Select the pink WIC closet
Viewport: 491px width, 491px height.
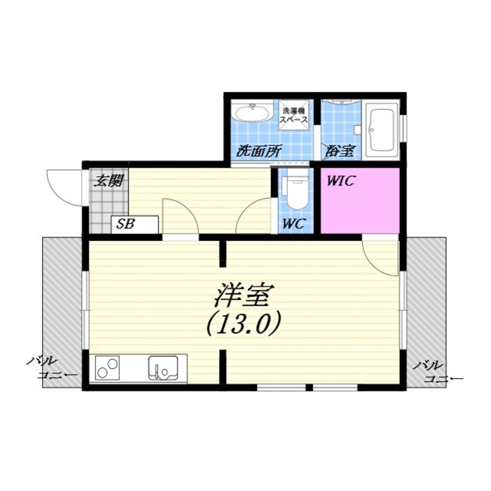pos(360,201)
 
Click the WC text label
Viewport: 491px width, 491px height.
pos(294,223)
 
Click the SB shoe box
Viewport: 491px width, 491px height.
pos(135,224)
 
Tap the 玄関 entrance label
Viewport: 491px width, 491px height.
pos(109,181)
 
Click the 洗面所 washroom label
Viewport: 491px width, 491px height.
pos(259,151)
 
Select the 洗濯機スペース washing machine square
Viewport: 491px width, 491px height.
pos(294,114)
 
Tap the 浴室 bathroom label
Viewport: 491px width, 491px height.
pos(339,151)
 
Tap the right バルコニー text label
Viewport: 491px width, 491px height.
pos(438,372)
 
